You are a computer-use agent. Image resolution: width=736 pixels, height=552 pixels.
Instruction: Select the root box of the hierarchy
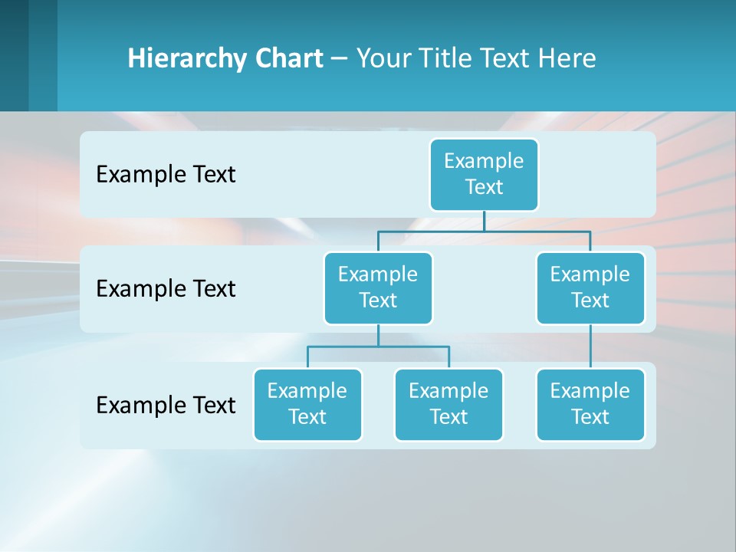484,174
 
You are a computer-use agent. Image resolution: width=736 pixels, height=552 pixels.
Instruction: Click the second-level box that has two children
378,287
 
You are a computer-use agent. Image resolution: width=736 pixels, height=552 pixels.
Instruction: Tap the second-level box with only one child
590,287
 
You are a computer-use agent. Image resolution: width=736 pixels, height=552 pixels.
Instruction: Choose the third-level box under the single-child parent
590,404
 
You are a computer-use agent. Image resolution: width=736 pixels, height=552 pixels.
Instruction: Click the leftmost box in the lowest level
307,404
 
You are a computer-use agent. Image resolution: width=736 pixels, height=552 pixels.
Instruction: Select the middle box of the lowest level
449,404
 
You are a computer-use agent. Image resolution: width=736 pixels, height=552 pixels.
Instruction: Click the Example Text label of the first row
166,175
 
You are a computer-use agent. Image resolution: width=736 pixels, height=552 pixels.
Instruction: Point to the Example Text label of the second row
166,289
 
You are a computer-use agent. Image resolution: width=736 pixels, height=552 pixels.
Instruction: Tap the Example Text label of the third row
166,405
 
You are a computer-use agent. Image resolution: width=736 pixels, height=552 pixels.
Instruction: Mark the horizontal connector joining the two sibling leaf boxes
378,347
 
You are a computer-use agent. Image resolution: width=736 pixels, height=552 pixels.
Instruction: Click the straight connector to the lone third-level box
590,347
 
